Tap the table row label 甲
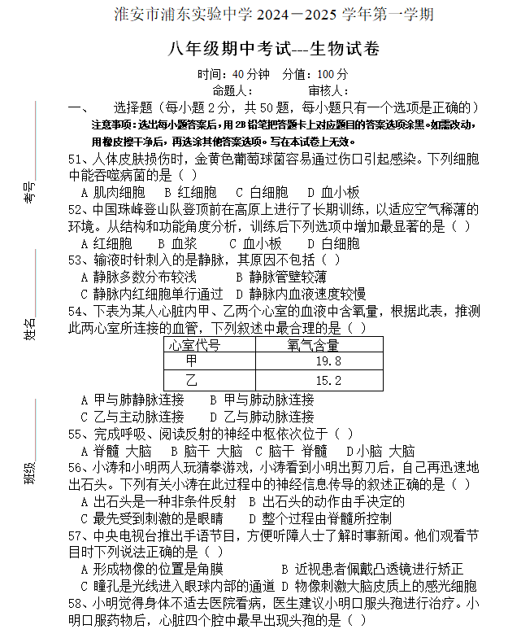(x=192, y=361)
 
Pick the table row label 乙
(x=192, y=380)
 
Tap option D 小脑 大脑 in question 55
(x=380, y=451)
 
